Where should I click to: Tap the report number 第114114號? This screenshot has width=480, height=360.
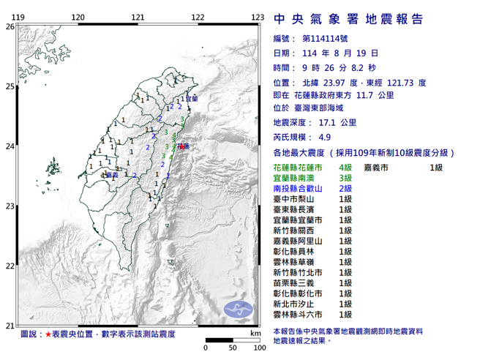[x=327, y=38]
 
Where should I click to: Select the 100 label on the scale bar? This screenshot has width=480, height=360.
[x=258, y=347]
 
